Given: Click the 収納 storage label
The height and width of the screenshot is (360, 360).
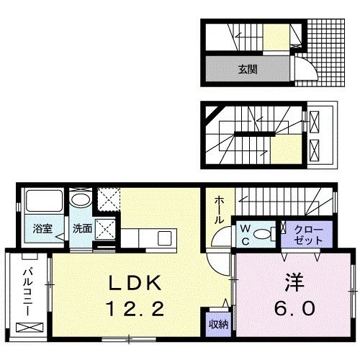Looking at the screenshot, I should pos(219,324).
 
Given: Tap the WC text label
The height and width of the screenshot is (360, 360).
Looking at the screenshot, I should pos(246,233).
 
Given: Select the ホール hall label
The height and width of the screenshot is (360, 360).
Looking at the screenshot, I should pos(217,209).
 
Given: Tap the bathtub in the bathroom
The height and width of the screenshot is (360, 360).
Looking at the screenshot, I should pos(42,204).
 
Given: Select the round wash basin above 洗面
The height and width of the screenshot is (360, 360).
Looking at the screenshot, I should pos(81,201).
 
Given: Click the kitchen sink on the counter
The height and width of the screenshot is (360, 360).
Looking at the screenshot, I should pos(164,237).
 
